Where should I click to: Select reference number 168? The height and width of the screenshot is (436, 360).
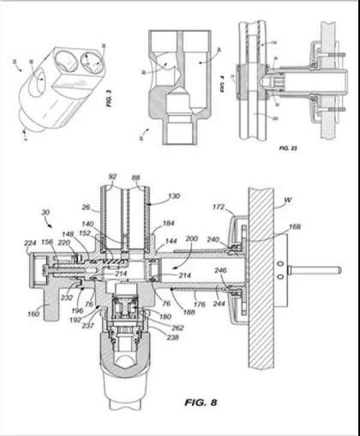(x=293, y=227)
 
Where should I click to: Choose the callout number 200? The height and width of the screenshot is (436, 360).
(x=191, y=239)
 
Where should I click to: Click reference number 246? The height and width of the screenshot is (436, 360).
(x=220, y=270)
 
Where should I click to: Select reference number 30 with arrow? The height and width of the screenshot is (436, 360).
(x=46, y=212)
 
